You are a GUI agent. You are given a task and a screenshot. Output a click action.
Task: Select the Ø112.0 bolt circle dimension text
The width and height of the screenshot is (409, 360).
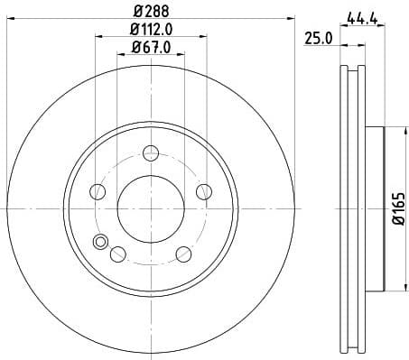pos(151,31)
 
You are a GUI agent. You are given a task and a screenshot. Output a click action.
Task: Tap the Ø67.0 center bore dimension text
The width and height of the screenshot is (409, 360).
pos(151,47)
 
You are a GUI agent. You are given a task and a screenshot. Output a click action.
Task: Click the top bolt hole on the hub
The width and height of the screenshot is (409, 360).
pos(151,151)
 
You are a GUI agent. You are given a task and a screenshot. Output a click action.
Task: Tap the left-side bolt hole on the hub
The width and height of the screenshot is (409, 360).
pos(98,190)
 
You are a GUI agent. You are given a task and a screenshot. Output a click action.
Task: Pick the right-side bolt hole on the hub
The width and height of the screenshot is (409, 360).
pos(204,190)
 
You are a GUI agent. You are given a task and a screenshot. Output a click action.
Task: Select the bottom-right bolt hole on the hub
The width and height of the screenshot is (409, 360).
pos(183,253)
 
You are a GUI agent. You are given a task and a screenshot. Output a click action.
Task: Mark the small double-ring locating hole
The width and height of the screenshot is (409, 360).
pos(100,241)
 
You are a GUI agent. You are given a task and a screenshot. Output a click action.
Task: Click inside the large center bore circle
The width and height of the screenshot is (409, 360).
pos(151,207)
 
